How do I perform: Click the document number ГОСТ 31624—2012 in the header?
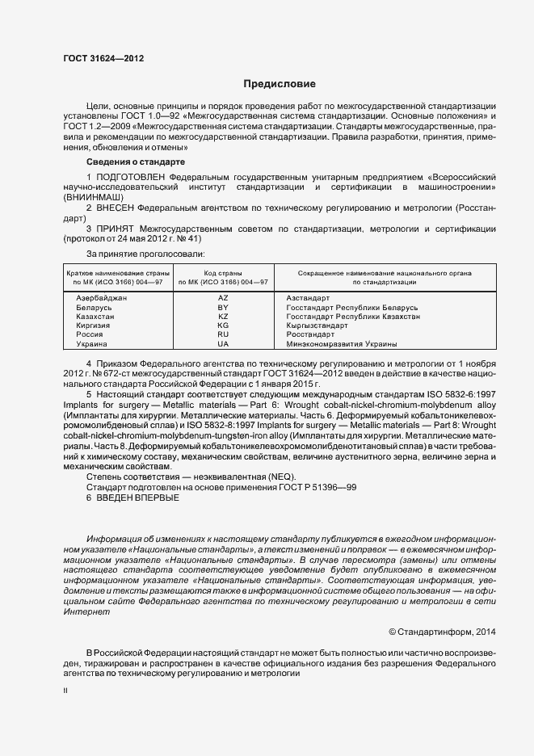[x=103, y=57]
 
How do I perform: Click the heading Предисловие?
[x=280, y=84]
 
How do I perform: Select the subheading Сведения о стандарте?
[x=135, y=162]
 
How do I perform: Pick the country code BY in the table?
[x=224, y=308]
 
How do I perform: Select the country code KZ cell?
[x=224, y=317]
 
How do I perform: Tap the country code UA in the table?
[x=224, y=343]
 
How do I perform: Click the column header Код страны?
[x=224, y=274]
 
